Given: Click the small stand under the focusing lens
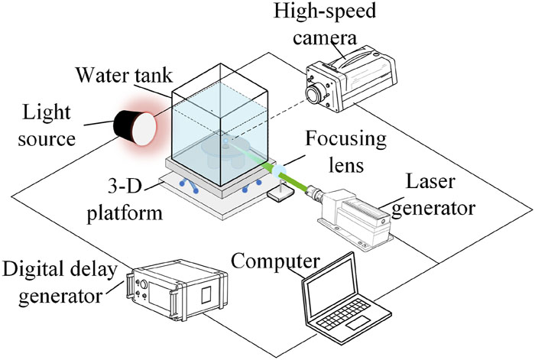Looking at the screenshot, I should (x=276, y=195).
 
